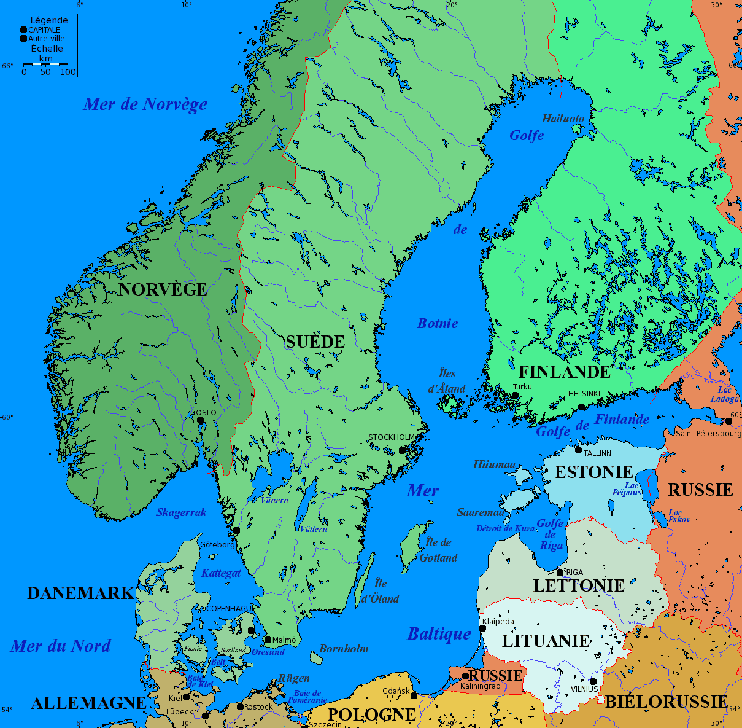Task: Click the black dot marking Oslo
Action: click(x=200, y=421)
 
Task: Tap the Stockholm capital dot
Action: click(x=403, y=450)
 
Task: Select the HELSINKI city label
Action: click(x=584, y=393)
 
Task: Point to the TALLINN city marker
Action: click(x=578, y=450)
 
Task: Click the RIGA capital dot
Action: click(x=560, y=573)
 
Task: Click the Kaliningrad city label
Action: click(x=481, y=686)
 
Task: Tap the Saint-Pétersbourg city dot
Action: click(x=728, y=421)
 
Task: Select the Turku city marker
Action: click(x=515, y=395)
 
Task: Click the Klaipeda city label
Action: click(x=498, y=622)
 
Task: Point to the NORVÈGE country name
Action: click(x=163, y=289)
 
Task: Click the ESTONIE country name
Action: click(x=593, y=472)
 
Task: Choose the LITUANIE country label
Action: click(x=546, y=641)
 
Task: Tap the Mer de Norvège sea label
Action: click(x=145, y=104)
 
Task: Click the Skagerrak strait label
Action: click(x=181, y=512)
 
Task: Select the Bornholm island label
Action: click(x=344, y=649)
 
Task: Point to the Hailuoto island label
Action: click(x=563, y=118)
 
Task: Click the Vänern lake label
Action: click(x=274, y=500)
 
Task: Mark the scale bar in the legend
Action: click(x=46, y=63)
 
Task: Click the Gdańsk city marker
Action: click(x=414, y=696)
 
